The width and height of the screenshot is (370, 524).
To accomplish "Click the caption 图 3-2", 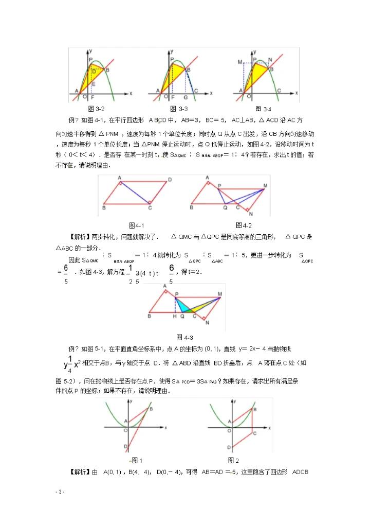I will (x=97, y=109).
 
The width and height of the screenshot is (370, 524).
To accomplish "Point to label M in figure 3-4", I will (x=239, y=62).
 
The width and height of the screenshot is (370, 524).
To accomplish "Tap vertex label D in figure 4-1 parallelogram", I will (x=170, y=180).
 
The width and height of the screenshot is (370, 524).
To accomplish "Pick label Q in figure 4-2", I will (x=225, y=208).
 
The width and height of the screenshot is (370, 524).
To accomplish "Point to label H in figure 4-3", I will (x=175, y=317).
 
